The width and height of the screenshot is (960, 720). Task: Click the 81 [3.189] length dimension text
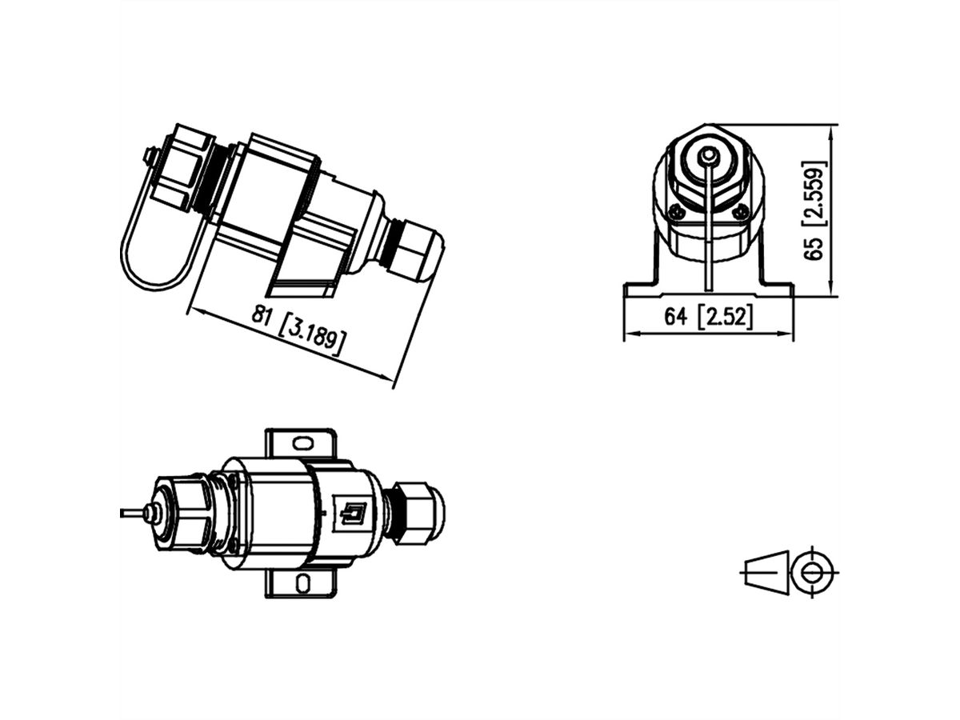tap(298, 330)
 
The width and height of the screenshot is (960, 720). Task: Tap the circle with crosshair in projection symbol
tap(813, 572)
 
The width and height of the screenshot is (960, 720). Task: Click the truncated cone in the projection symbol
tap(766, 572)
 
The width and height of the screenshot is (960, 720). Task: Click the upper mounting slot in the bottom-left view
tap(303, 442)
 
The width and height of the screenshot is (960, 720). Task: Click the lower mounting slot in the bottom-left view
tap(303, 582)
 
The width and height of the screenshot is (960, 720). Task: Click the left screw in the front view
tap(677, 211)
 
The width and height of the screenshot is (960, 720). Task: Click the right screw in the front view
tap(741, 211)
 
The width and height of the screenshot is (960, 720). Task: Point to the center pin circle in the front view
tap(709, 155)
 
